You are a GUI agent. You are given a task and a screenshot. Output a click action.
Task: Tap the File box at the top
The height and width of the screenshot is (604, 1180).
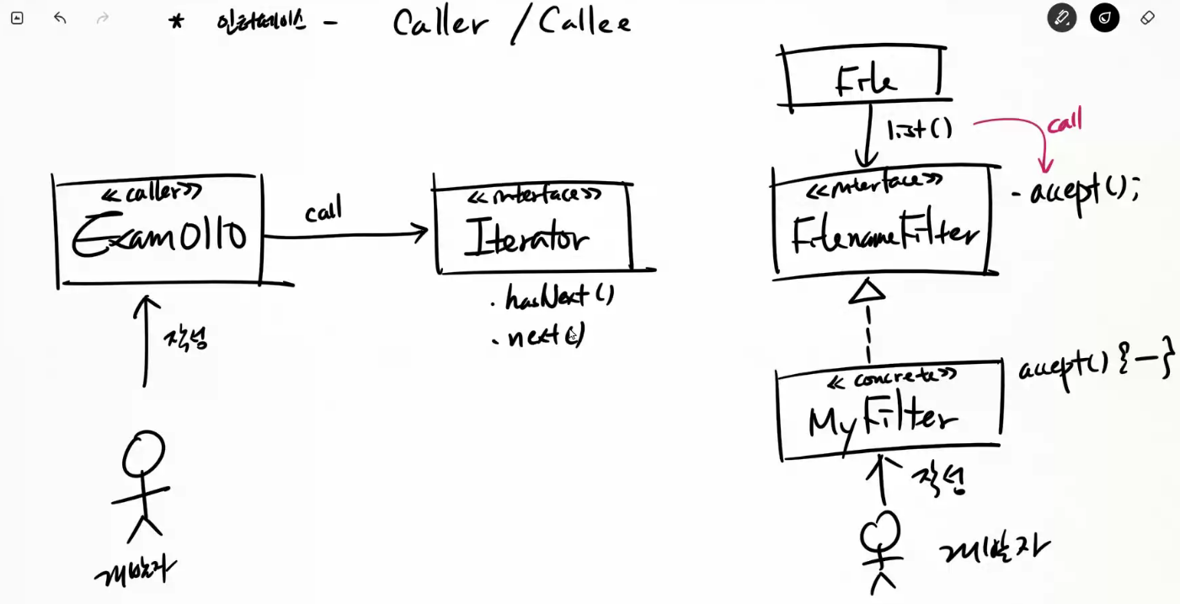point(864,78)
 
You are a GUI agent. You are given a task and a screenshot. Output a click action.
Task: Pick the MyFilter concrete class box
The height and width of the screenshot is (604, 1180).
point(889,409)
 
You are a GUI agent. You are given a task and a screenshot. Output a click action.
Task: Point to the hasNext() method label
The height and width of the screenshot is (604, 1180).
point(559,297)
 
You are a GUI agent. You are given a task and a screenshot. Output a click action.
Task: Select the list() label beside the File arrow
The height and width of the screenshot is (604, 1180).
point(919,129)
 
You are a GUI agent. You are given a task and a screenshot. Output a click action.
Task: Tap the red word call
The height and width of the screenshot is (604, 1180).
point(1064,121)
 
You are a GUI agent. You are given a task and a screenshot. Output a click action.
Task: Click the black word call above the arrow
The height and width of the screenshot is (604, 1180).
point(323,210)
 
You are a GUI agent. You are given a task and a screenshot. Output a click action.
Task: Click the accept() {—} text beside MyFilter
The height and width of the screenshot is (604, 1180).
point(1095,369)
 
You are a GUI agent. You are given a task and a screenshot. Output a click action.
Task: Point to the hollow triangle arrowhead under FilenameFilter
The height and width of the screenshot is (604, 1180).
point(867,291)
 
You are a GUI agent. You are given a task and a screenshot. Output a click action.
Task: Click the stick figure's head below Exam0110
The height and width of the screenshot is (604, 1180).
point(143,455)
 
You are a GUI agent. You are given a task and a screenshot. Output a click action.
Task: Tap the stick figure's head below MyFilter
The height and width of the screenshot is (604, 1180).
point(880,531)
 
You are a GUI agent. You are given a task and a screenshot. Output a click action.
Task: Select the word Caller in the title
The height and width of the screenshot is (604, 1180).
point(440,23)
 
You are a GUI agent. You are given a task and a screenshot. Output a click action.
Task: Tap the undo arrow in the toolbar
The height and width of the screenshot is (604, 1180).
point(60,18)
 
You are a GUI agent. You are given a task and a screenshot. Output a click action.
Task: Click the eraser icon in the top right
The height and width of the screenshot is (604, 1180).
point(1147,18)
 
